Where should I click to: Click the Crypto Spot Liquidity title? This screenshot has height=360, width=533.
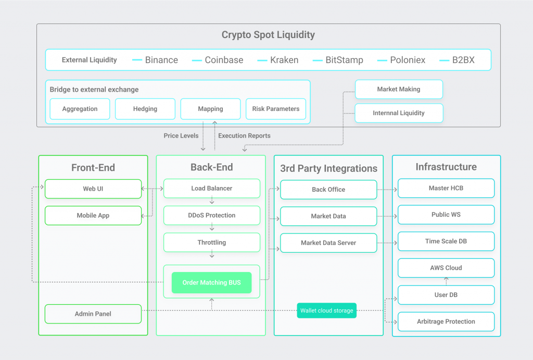(x=268, y=35)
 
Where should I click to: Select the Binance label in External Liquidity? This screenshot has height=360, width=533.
(x=161, y=60)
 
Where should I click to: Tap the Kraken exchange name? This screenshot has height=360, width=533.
(x=284, y=60)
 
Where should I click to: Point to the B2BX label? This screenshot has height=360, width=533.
(x=463, y=60)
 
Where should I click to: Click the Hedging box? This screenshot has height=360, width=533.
(x=145, y=109)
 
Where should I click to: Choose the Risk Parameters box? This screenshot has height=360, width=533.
(x=276, y=109)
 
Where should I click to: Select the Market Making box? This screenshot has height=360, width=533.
(x=399, y=89)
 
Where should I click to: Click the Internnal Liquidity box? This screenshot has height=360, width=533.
(x=399, y=113)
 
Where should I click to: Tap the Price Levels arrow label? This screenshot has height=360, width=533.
(x=181, y=135)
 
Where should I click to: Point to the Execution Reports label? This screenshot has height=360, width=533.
(x=244, y=135)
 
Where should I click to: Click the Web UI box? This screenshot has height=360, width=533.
(x=93, y=189)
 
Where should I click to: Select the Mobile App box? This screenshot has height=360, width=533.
(x=93, y=216)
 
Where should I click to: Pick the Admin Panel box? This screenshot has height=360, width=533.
(x=93, y=314)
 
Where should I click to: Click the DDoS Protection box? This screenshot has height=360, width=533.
(x=212, y=215)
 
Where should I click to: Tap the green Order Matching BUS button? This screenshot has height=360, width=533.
(x=212, y=283)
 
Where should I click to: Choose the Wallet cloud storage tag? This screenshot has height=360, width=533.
(x=327, y=311)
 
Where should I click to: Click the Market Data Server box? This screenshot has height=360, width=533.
(x=328, y=243)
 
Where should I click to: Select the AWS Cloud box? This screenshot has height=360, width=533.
(x=446, y=268)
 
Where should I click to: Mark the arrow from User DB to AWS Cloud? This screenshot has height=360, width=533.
(x=446, y=281)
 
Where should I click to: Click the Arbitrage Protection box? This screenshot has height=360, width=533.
(x=446, y=321)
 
